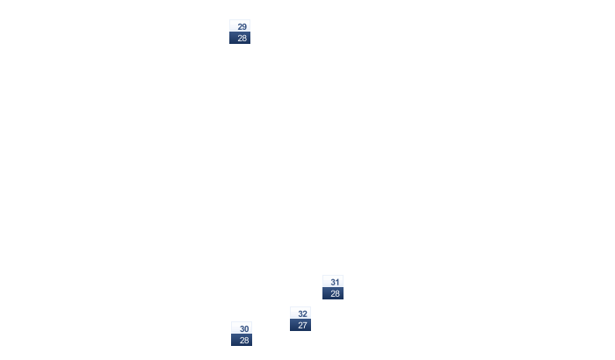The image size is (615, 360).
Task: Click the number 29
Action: (242, 26)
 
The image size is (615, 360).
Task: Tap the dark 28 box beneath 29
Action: (240, 38)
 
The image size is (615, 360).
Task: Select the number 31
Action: (335, 283)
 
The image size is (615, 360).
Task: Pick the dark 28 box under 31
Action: (333, 293)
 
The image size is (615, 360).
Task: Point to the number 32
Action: (302, 314)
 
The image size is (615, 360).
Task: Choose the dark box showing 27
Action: (300, 325)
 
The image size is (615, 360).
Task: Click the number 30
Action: (244, 329)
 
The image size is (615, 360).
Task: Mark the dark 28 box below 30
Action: (242, 340)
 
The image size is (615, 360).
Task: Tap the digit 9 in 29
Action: (244, 26)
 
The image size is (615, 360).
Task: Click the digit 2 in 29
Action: (240, 26)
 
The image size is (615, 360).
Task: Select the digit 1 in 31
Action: (337, 283)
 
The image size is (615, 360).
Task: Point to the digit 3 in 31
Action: (333, 283)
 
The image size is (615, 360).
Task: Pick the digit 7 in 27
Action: (305, 325)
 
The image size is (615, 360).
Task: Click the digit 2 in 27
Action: (300, 325)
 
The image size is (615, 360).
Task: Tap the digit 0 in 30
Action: (246, 329)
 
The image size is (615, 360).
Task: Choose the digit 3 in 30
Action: (242, 329)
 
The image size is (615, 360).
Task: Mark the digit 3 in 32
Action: (300, 314)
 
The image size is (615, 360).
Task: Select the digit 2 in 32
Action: (305, 314)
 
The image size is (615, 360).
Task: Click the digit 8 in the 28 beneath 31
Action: (337, 293)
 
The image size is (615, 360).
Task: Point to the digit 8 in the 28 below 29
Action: (244, 38)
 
